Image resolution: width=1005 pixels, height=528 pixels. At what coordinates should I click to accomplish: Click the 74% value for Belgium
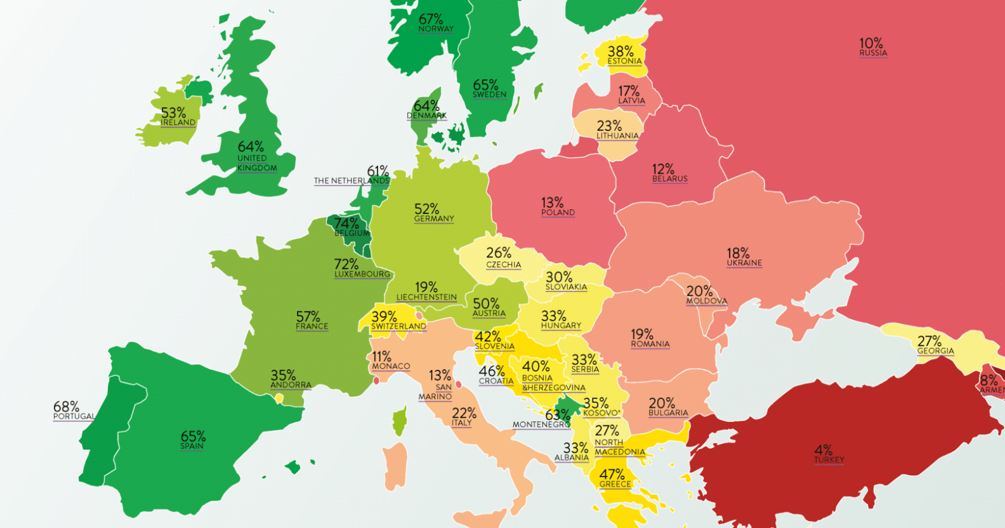coord(346,223)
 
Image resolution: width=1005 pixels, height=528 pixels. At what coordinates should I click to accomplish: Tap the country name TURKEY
coord(829,460)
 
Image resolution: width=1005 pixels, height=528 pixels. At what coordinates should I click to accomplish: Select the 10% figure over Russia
coord(870,43)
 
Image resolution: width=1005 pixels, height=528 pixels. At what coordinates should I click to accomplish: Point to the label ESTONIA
coord(624,62)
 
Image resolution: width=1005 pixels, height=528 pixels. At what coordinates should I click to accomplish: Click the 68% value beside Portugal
coord(66,406)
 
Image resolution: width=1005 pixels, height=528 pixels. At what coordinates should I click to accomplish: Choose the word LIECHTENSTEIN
coord(426,297)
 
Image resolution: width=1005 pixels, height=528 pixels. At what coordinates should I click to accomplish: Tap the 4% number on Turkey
coord(823,450)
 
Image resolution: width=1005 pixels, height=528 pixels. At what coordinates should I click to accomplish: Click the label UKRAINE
coord(744,263)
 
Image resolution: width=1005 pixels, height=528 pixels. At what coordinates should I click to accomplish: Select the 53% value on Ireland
coord(173,113)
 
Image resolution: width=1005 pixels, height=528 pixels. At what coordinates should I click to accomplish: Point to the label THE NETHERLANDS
coord(351,181)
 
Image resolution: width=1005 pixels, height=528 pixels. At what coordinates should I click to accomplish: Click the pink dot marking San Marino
coord(458,384)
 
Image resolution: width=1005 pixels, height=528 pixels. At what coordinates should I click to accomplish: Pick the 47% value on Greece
coord(612,474)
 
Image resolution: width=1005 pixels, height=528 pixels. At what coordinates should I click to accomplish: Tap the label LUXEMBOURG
coord(362,274)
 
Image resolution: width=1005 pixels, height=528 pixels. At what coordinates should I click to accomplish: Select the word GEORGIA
coord(935,351)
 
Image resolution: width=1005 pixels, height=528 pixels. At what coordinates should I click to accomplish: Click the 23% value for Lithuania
coord(609,126)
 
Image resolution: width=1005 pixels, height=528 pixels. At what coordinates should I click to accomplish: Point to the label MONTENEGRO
coord(541,425)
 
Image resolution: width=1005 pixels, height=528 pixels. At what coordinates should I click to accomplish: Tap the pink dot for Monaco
coord(376,381)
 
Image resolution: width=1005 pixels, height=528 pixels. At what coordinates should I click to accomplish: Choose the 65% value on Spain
coord(193,436)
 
